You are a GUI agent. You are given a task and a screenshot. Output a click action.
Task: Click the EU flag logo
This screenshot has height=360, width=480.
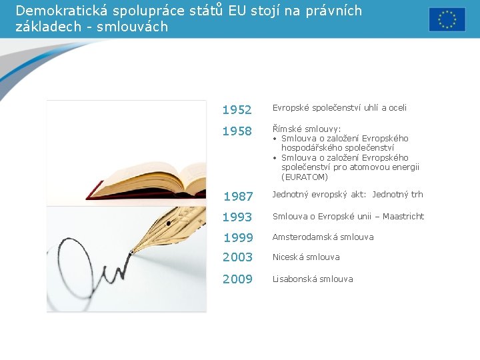point(447,19)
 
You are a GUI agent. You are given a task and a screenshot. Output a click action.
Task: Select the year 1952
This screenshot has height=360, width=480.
point(237,110)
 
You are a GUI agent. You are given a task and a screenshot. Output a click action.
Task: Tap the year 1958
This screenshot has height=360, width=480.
point(237,131)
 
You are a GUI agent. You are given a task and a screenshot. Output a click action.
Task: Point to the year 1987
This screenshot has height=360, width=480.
point(238,197)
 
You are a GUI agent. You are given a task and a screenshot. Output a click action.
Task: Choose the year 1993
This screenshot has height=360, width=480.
point(237,217)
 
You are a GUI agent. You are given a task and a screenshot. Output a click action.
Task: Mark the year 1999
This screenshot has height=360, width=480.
point(238,238)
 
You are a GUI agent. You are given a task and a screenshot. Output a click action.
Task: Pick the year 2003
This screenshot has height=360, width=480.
point(238,257)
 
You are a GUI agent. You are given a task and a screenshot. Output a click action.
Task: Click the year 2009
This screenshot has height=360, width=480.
point(238,279)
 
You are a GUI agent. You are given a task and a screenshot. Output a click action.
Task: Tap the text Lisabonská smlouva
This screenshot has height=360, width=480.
point(313,279)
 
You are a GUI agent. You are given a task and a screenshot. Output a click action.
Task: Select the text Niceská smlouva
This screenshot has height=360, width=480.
point(306,257)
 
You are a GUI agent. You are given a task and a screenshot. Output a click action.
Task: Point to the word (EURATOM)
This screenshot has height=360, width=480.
point(305,177)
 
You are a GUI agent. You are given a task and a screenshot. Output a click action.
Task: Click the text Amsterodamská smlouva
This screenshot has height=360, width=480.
point(323,237)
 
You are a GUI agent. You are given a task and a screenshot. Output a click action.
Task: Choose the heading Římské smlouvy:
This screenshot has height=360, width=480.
point(306,129)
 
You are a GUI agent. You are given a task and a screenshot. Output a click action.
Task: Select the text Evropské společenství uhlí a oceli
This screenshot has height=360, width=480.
point(339,108)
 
